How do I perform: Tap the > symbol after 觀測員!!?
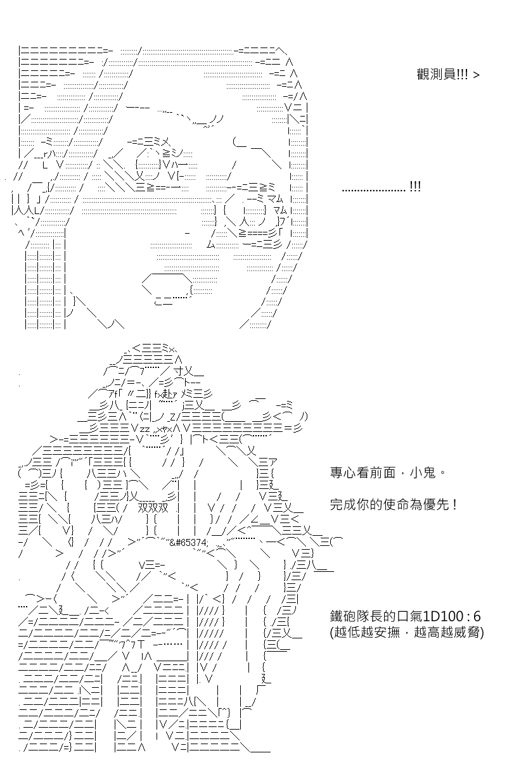pyautogui.click(x=476, y=75)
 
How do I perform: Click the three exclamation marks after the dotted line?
pyautogui.click(x=415, y=186)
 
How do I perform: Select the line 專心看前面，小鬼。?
pyautogui.click(x=387, y=472)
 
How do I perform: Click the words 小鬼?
pyautogui.click(x=423, y=472)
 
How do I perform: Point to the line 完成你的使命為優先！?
pyautogui.click(x=394, y=505)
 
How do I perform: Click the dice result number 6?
pyautogui.click(x=477, y=616)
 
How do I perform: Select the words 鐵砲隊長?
pyautogui.click(x=356, y=616)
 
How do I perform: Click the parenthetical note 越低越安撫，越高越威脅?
pyautogui.click(x=407, y=632)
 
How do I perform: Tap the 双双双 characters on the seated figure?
pyautogui.click(x=153, y=508)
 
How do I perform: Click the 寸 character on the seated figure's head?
pyautogui.click(x=178, y=371)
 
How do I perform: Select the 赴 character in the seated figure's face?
pyautogui.click(x=168, y=394)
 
